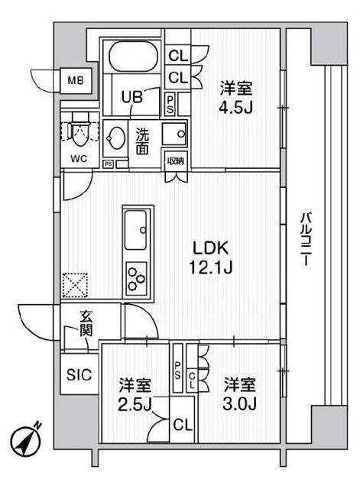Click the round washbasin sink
[116, 139]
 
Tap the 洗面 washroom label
[143, 141]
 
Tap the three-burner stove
[136, 276]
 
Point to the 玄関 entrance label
[84, 326]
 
